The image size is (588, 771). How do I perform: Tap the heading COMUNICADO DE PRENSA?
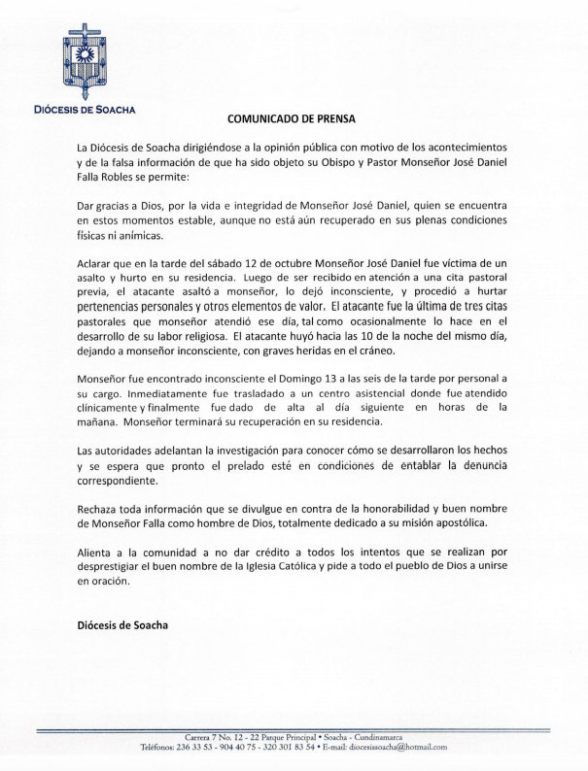tap(292, 119)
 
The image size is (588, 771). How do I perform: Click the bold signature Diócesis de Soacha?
tap(121, 625)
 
